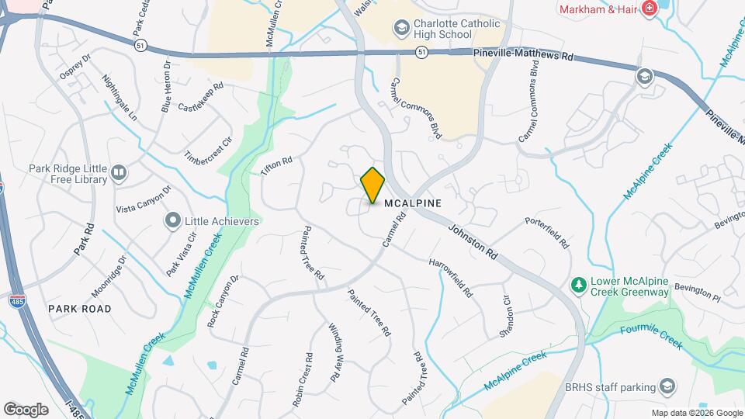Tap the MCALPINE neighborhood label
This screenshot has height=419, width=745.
click(413, 203)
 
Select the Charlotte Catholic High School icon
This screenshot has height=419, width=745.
click(401, 29)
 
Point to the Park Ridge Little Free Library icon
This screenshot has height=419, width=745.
click(119, 172)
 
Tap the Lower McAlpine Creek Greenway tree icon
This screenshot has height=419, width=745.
click(577, 286)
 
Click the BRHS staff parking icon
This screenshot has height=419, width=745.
click(666, 386)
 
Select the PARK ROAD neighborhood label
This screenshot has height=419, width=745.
click(80, 309)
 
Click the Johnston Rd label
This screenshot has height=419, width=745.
click(471, 241)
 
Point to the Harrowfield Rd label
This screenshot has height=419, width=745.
click(451, 277)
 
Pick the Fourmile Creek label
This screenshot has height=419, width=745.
click(651, 335)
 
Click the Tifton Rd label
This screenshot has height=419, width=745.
click(276, 166)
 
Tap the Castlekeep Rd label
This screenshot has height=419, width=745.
click(200, 96)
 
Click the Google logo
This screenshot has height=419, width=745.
click(26, 409)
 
